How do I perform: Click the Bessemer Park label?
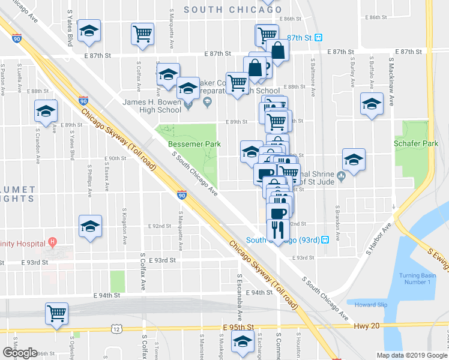coord(194,144)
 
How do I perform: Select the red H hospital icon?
coord(52,242)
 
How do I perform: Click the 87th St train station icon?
coord(319,37)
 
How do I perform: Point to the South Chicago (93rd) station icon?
coord(325,239)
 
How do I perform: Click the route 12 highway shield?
coord(116,328)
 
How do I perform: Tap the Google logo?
coord(20,352)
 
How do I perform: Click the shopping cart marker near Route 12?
coord(56,313)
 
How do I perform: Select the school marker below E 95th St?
coord(243,343)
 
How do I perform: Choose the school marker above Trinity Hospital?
coord(91,226)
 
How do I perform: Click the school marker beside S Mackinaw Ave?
coord(372,104)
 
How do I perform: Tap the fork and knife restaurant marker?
coord(277,229)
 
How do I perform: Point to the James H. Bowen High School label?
coord(152,106)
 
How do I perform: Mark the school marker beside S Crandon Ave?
coord(45,111)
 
